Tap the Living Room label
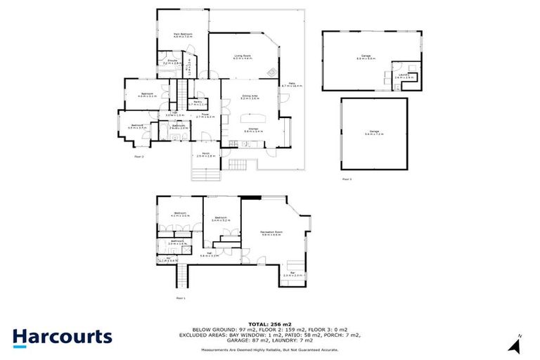coord(243,57)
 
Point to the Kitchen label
coord(253,130)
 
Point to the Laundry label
coord(399,77)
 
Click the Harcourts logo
coord(62,337)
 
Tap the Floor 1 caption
coord(181,299)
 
